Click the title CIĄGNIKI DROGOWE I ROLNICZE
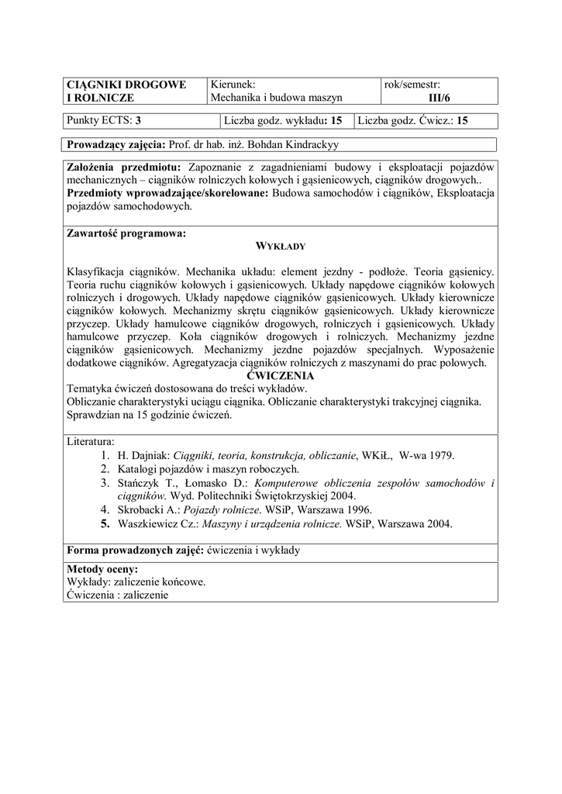pyautogui.click(x=126, y=91)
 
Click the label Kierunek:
pyautogui.click(x=233, y=85)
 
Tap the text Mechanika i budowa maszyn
pyautogui.click(x=277, y=98)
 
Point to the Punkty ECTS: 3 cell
pyautogui.click(x=104, y=121)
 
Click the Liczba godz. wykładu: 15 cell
pyautogui.click(x=283, y=121)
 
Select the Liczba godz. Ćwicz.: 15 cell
pyautogui.click(x=413, y=121)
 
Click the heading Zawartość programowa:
pyautogui.click(x=126, y=232)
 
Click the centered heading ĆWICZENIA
pyautogui.click(x=280, y=376)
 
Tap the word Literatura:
pyautogui.click(x=91, y=441)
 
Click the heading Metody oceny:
pyautogui.click(x=102, y=569)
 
